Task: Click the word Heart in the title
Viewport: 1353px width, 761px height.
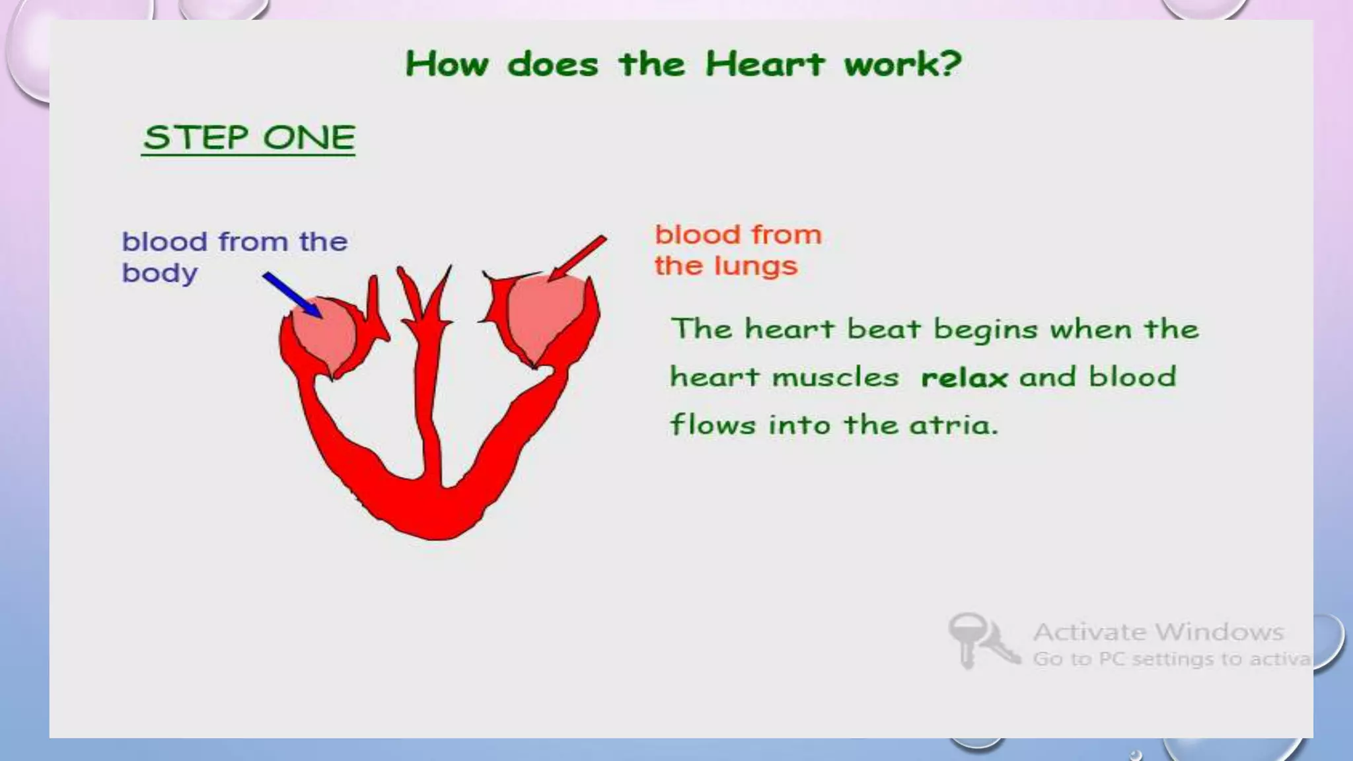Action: [x=764, y=64]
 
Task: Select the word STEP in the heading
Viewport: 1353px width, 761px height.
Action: [x=196, y=137]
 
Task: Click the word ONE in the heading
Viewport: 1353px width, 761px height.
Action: [x=309, y=137]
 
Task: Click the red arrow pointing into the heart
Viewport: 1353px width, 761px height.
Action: [x=577, y=258]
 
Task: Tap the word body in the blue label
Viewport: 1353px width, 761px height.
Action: [x=159, y=273]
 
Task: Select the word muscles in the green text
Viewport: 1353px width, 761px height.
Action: [x=836, y=378]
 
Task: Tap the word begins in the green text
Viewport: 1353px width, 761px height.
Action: [x=985, y=330]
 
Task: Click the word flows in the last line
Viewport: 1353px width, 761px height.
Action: [x=712, y=425]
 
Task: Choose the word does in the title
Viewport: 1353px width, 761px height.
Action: [x=552, y=65]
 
